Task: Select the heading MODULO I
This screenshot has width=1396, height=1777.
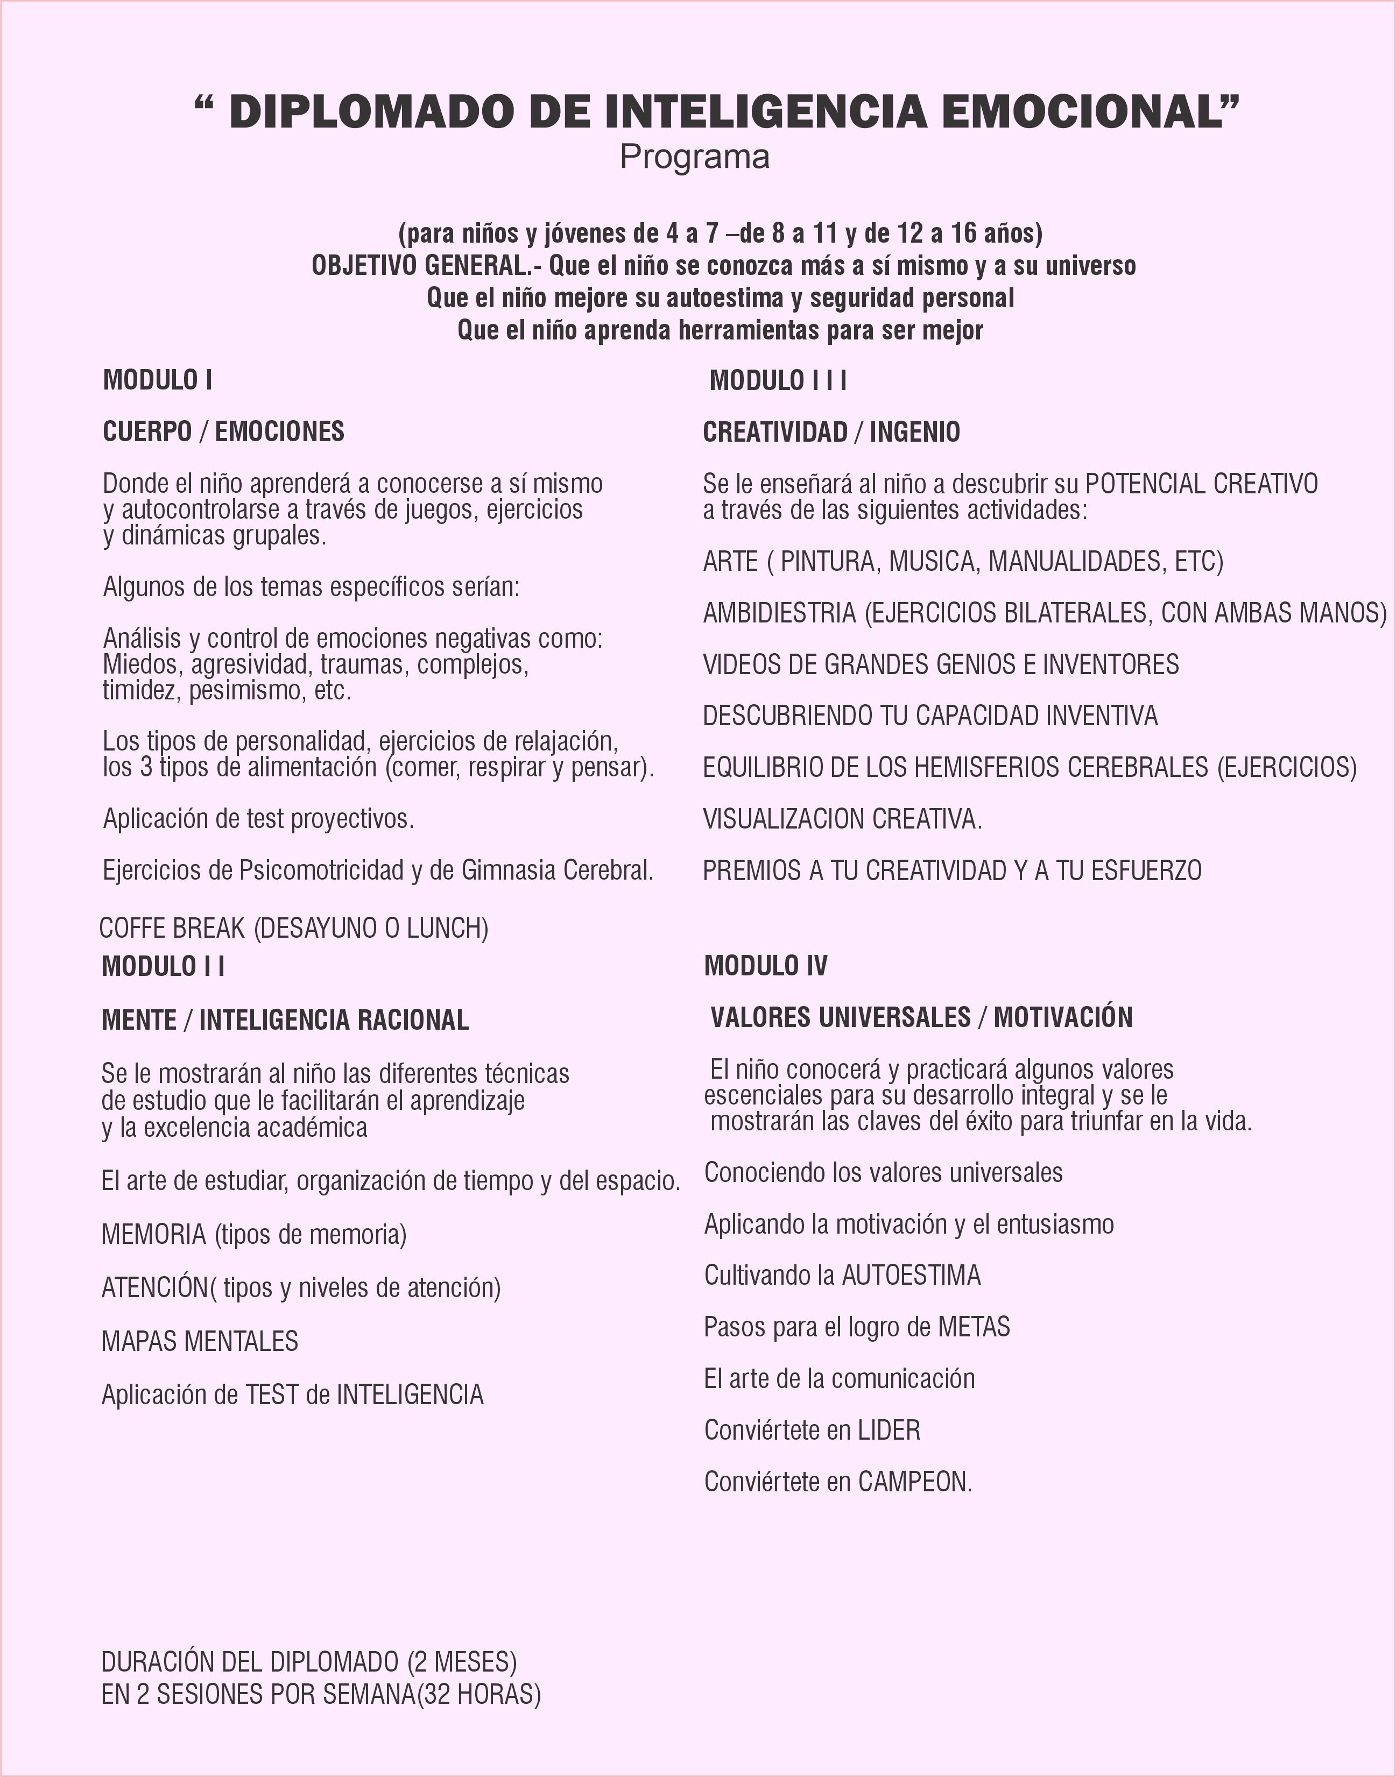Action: pyautogui.click(x=158, y=380)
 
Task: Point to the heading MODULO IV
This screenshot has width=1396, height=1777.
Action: pyautogui.click(x=765, y=966)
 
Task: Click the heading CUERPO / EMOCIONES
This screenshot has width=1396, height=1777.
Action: pyautogui.click(x=223, y=431)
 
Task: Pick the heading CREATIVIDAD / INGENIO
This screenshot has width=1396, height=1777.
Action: pyautogui.click(x=831, y=432)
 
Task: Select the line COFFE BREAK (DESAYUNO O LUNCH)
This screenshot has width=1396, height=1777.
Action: pyautogui.click(x=293, y=928)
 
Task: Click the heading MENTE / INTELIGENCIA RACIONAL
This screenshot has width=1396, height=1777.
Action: pyautogui.click(x=285, y=1020)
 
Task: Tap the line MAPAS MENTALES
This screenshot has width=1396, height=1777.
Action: pyautogui.click(x=200, y=1341)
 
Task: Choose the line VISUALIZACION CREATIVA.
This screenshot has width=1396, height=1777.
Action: pyautogui.click(x=842, y=819)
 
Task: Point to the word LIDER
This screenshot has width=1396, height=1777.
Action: pyautogui.click(x=889, y=1430)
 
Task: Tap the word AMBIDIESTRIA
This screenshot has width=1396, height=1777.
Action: pyautogui.click(x=779, y=613)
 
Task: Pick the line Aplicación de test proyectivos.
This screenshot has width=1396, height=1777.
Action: pyautogui.click(x=258, y=819)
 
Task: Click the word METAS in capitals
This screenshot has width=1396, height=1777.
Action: pyautogui.click(x=974, y=1327)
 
